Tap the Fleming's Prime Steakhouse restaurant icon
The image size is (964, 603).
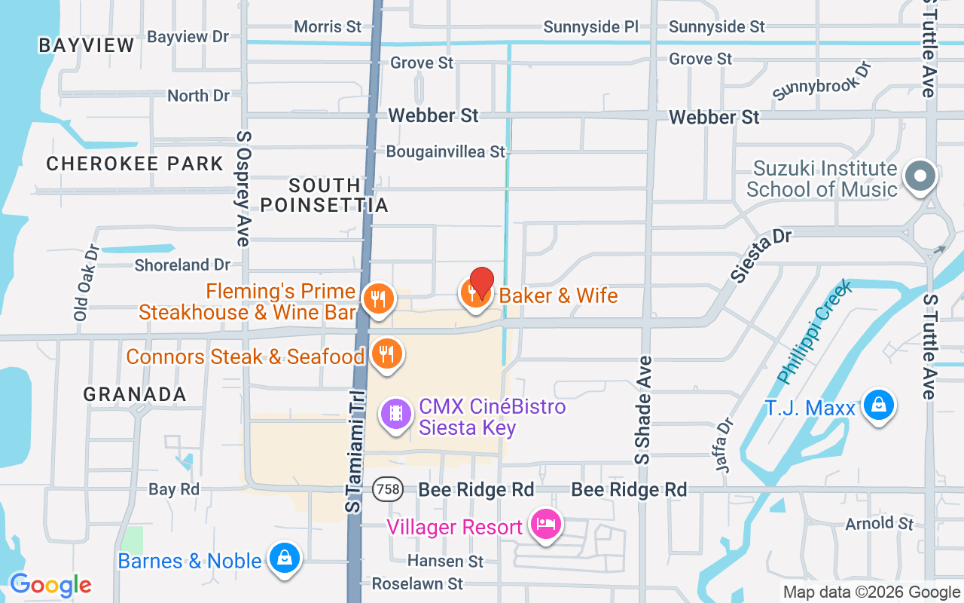click(378, 298)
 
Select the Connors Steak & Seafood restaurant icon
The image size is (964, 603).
click(387, 354)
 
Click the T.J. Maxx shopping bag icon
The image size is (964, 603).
click(878, 405)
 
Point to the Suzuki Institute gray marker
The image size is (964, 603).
click(920, 176)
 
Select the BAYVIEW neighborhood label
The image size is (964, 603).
click(87, 45)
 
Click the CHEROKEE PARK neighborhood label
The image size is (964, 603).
click(135, 164)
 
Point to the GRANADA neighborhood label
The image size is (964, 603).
click(135, 394)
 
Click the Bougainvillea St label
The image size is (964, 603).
click(445, 152)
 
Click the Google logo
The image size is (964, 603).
click(50, 585)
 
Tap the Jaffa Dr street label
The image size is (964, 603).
click(725, 445)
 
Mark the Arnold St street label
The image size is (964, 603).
click(879, 523)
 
